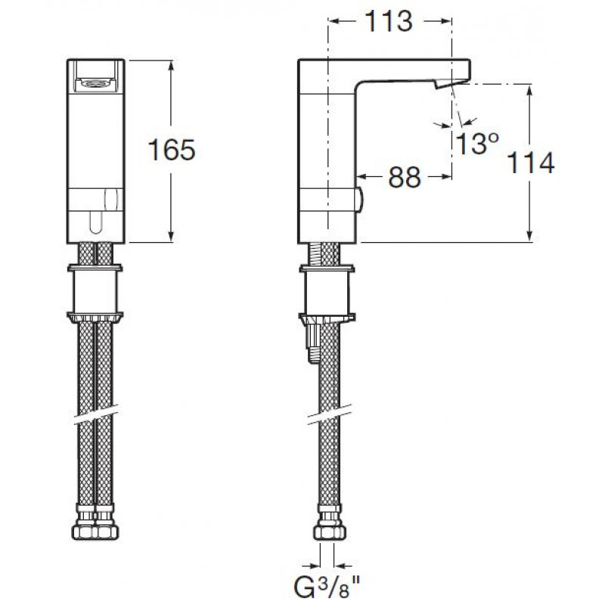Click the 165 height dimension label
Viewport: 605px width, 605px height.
[172, 150]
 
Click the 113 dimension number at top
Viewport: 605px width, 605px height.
[389, 21]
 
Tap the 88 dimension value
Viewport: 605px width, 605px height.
[405, 178]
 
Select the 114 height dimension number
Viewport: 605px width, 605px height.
[531, 163]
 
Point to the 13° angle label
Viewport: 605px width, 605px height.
[477, 143]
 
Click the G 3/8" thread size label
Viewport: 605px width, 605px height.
[327, 588]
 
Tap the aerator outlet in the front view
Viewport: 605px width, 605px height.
[95, 82]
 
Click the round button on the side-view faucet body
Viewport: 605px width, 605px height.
[360, 200]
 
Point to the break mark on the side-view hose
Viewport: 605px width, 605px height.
[330, 414]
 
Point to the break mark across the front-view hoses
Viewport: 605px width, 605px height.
[95, 414]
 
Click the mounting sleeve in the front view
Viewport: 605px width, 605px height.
[95, 292]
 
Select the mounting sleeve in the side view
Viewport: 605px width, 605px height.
[327, 293]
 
